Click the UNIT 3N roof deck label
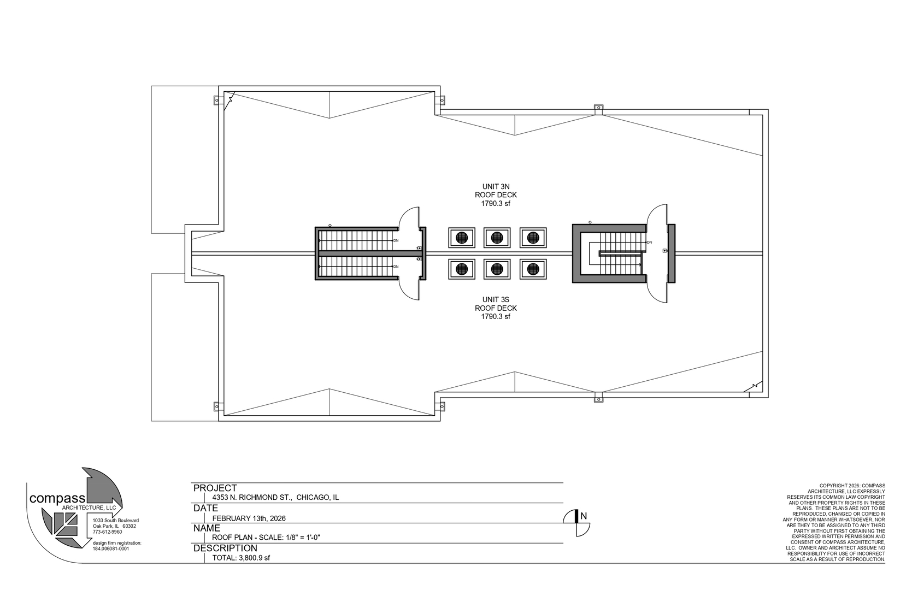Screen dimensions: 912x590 496,195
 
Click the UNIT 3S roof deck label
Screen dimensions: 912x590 496,308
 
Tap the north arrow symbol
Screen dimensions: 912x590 576,523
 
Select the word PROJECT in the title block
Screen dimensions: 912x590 215,488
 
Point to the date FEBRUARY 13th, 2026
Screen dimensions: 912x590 249,518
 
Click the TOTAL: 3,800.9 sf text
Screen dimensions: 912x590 241,558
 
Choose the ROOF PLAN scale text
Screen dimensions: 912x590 266,538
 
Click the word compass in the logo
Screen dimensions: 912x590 57,499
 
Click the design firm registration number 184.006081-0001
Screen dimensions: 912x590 111,548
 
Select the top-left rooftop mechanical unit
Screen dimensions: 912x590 462,238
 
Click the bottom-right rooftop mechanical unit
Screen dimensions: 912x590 533,269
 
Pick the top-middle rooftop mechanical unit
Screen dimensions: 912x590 497,238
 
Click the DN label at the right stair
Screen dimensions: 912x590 649,242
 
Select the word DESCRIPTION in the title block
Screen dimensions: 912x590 225,548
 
